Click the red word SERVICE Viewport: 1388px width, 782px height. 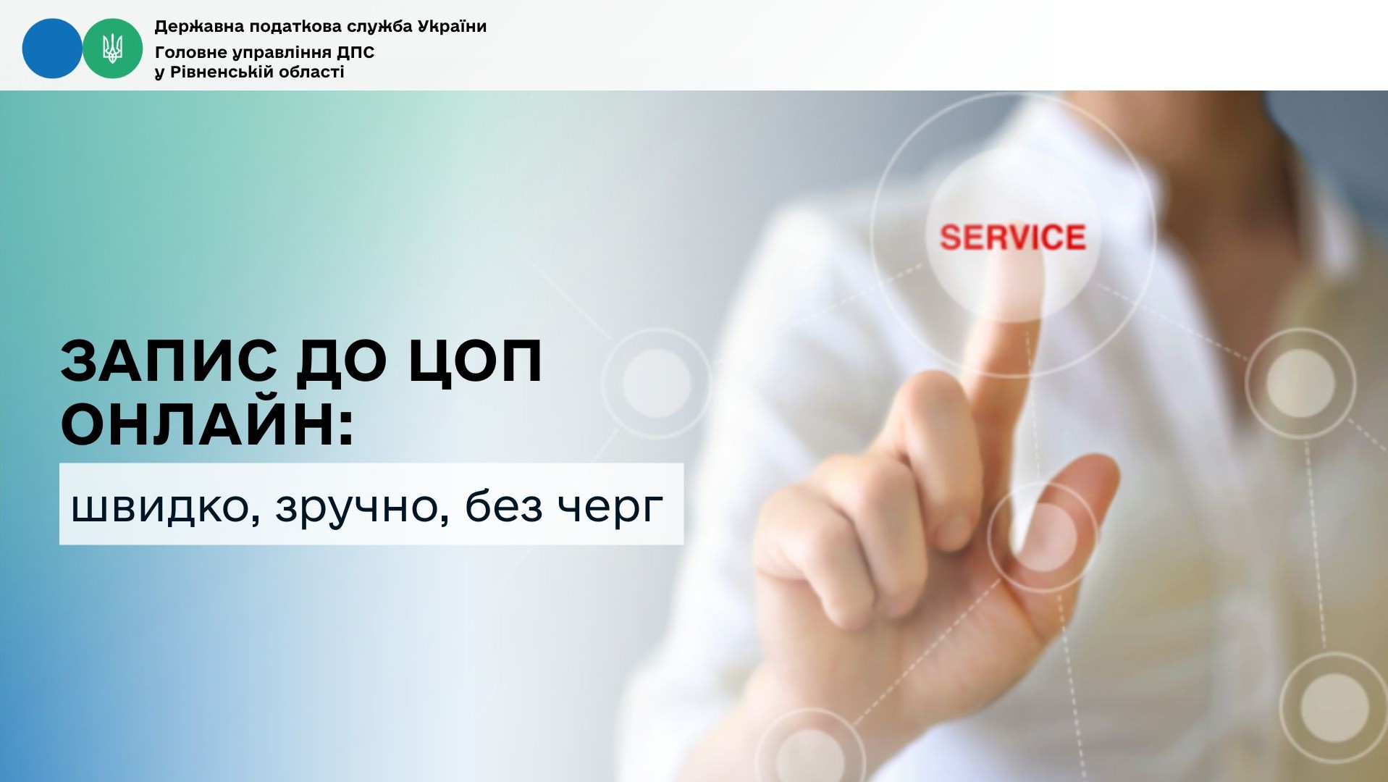[x=1012, y=237]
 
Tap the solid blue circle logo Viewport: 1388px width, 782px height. [x=52, y=49]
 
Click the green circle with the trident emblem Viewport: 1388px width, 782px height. [x=112, y=49]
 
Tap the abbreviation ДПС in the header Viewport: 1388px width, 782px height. [x=356, y=53]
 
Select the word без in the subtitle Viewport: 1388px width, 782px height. [x=503, y=506]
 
